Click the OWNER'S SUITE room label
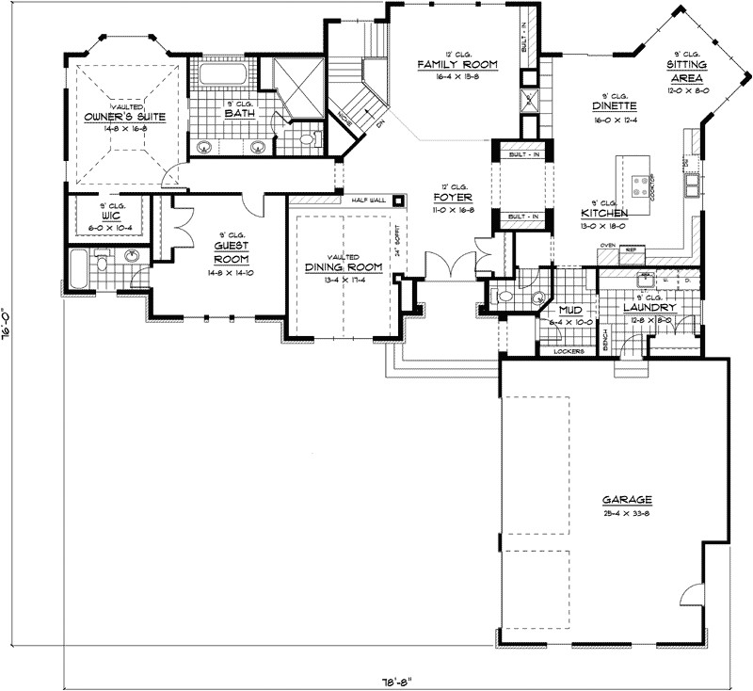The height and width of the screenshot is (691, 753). point(124,118)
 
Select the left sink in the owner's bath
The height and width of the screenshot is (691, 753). point(204,146)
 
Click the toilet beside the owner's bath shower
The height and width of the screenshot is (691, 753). point(304,140)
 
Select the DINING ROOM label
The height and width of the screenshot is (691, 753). point(343,268)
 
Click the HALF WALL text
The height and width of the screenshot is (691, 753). point(368,201)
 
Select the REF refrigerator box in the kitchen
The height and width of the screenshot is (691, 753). point(632,249)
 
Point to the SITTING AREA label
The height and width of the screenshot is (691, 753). point(687,70)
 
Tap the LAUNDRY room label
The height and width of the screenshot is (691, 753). point(649,308)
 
